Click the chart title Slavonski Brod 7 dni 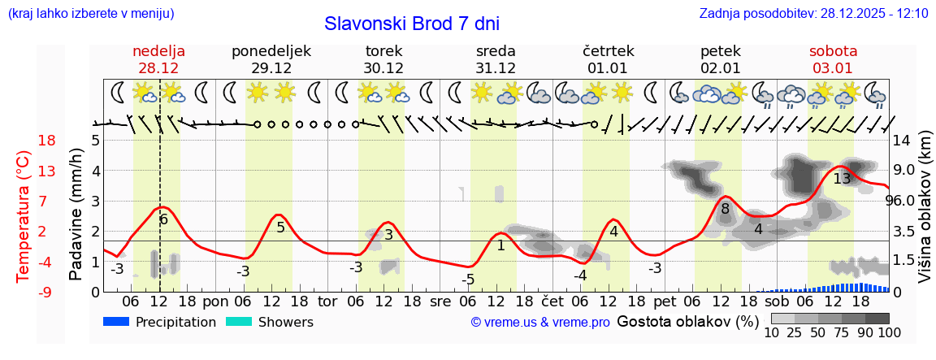pyautogui.click(x=412, y=24)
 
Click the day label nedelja pyautogui.click(x=159, y=51)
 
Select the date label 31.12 pyautogui.click(x=496, y=68)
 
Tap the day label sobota pyautogui.click(x=833, y=51)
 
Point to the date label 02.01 pyautogui.click(x=721, y=68)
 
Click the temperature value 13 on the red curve pyautogui.click(x=842, y=179)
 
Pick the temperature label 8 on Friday pyautogui.click(x=726, y=209)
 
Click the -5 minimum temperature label pyautogui.click(x=468, y=280)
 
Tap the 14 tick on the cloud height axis pyautogui.click(x=902, y=141)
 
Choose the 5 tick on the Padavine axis pyautogui.click(x=95, y=141)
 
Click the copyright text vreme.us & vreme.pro pyautogui.click(x=540, y=323)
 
